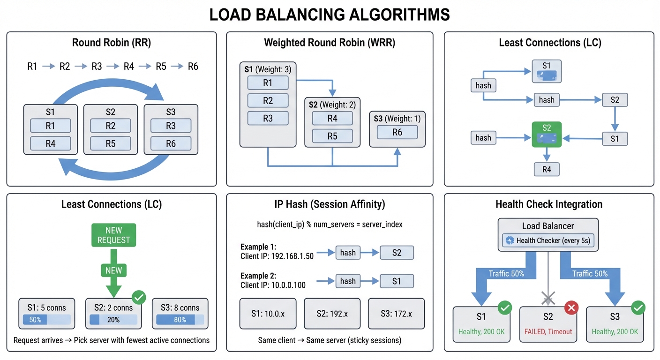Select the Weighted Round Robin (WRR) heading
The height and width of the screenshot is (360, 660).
[330, 43]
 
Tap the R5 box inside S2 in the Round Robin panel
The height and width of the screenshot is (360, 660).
[111, 143]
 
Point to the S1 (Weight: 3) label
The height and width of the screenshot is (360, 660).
[268, 69]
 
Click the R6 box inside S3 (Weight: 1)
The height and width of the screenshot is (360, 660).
[397, 132]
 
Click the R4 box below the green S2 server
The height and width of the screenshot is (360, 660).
[547, 169]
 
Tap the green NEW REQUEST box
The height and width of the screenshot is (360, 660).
[113, 235]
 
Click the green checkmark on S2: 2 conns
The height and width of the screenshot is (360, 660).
[138, 297]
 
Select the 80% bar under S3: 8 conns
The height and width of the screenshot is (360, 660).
[180, 320]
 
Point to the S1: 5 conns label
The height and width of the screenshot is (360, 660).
[46, 308]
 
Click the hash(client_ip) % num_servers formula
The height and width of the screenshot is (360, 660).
[330, 225]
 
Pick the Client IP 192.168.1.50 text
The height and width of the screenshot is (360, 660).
[277, 256]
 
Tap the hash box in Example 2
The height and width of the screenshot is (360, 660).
[347, 281]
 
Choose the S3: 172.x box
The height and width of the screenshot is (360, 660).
[396, 314]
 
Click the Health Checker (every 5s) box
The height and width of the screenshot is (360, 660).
[548, 240]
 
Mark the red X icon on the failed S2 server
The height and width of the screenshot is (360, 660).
[571, 307]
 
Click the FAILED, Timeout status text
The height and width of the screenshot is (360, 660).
[548, 331]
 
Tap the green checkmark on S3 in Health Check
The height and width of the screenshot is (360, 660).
[638, 307]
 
